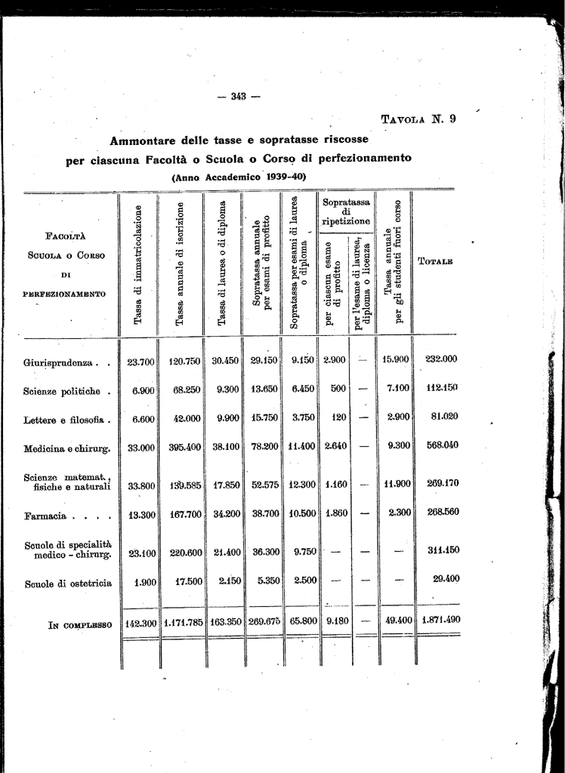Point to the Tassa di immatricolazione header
click(137, 265)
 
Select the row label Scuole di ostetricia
click(68, 583)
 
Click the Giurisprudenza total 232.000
click(441, 359)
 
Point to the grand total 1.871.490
click(440, 620)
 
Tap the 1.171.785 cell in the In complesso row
click(182, 624)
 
